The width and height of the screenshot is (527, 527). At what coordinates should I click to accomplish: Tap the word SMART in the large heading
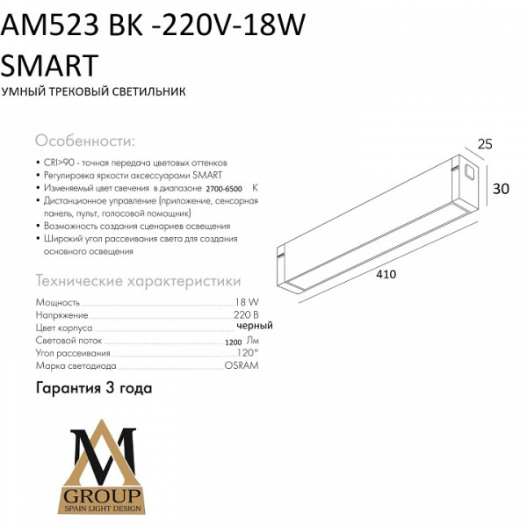(x=50, y=63)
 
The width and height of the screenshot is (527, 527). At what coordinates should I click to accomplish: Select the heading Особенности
(x=84, y=141)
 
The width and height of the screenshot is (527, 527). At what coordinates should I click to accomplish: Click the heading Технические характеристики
(x=137, y=281)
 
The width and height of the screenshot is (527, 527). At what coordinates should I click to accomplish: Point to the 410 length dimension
(x=386, y=274)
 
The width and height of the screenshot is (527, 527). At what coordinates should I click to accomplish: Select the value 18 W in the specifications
(x=247, y=301)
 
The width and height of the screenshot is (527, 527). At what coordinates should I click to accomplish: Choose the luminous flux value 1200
(x=233, y=341)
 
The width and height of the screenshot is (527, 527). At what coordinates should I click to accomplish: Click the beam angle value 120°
(x=249, y=352)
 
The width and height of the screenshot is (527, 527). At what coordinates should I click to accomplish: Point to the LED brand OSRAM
(x=242, y=365)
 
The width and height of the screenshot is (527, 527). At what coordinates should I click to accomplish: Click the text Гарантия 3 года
(x=94, y=387)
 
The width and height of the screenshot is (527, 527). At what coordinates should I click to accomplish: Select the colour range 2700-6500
(x=225, y=189)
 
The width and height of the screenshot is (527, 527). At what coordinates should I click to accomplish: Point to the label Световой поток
(x=69, y=340)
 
